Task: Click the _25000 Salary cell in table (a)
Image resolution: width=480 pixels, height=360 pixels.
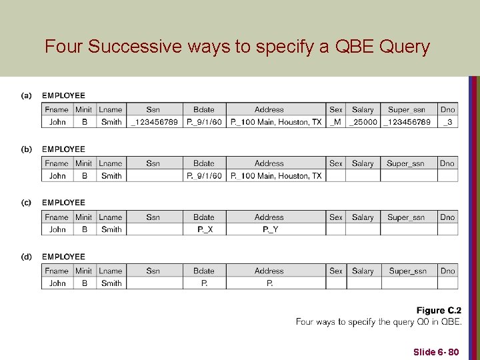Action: click(363, 122)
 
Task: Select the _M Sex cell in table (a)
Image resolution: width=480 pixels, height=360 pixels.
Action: click(336, 122)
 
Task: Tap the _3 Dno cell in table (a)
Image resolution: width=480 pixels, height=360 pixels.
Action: click(447, 122)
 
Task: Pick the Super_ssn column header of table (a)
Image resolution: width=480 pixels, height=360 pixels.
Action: click(406, 109)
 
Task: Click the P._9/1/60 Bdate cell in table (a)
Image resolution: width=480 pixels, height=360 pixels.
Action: click(204, 122)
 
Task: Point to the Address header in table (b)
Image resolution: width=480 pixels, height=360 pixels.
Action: click(269, 163)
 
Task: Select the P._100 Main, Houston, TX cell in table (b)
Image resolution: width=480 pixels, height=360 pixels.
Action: click(276, 176)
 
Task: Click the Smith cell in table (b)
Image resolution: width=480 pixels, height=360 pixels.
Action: click(111, 176)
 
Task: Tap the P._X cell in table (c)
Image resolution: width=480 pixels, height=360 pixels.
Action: click(205, 229)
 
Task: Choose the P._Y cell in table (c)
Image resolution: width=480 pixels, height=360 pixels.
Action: click(269, 229)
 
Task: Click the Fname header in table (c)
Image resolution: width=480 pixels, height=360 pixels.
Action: click(57, 217)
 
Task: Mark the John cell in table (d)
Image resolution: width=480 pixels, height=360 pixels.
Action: click(57, 283)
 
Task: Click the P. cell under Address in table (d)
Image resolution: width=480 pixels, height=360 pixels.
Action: click(269, 283)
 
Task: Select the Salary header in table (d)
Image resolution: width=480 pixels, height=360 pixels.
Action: click(363, 271)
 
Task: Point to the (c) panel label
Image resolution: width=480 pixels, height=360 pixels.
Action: click(26, 203)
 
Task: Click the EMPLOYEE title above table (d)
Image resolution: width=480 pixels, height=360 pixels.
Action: click(63, 257)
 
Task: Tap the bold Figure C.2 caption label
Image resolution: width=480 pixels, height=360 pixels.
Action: click(439, 311)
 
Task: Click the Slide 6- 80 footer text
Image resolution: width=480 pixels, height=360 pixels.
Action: click(436, 351)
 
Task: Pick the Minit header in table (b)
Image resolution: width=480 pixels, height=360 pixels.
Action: click(83, 163)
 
